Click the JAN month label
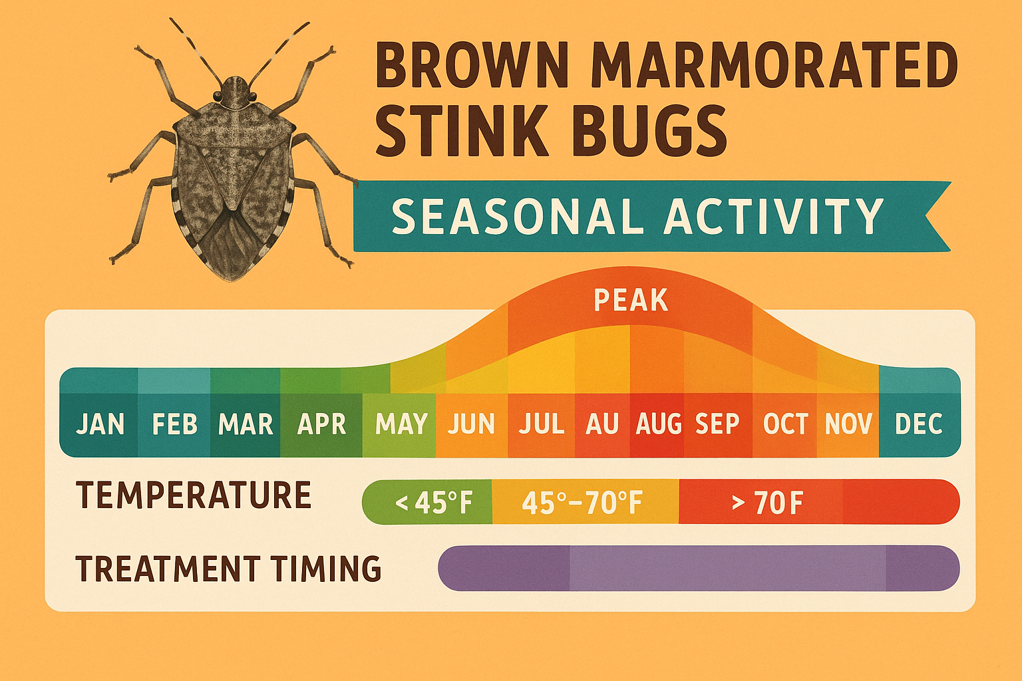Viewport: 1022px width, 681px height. coord(100,424)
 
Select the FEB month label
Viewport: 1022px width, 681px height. coord(174,424)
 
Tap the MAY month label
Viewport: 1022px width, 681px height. coord(401,424)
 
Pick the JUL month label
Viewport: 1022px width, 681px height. coord(541,424)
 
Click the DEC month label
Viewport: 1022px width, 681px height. coord(918,424)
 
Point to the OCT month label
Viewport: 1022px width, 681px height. coord(785,424)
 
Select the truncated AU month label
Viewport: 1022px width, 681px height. coord(601,424)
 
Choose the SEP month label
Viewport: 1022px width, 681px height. coord(717,424)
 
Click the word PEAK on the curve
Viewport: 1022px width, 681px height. coord(630,301)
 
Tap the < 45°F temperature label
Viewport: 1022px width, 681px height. coord(433,503)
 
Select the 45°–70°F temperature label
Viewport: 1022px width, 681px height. coord(582,503)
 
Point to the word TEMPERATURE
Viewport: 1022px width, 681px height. coord(194,495)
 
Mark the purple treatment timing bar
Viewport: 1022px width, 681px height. coord(699,569)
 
